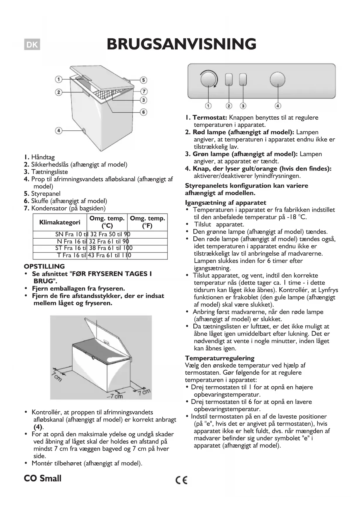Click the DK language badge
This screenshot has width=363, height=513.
[x=32, y=45]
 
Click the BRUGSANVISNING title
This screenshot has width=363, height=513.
[x=181, y=44]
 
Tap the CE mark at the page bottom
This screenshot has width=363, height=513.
[x=181, y=480]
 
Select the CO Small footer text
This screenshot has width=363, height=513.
[x=43, y=479]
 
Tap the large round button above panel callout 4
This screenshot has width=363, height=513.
[x=277, y=80]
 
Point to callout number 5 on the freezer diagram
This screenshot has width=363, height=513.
[x=143, y=80]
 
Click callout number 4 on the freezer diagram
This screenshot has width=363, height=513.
[x=59, y=130]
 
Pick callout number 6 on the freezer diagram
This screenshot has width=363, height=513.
[x=143, y=112]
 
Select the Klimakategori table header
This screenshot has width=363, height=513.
[x=60, y=222]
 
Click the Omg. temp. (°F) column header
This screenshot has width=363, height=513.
[x=147, y=222]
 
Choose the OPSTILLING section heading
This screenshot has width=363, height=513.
[x=44, y=266]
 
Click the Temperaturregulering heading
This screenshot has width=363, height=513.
[x=220, y=358]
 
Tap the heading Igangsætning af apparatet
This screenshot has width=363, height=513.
[x=226, y=203]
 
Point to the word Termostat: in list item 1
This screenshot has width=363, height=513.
[x=210, y=118]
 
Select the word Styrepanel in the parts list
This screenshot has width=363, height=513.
[x=46, y=194]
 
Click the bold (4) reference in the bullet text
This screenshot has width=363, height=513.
[x=38, y=427]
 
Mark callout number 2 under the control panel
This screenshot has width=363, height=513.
[x=229, y=106]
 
